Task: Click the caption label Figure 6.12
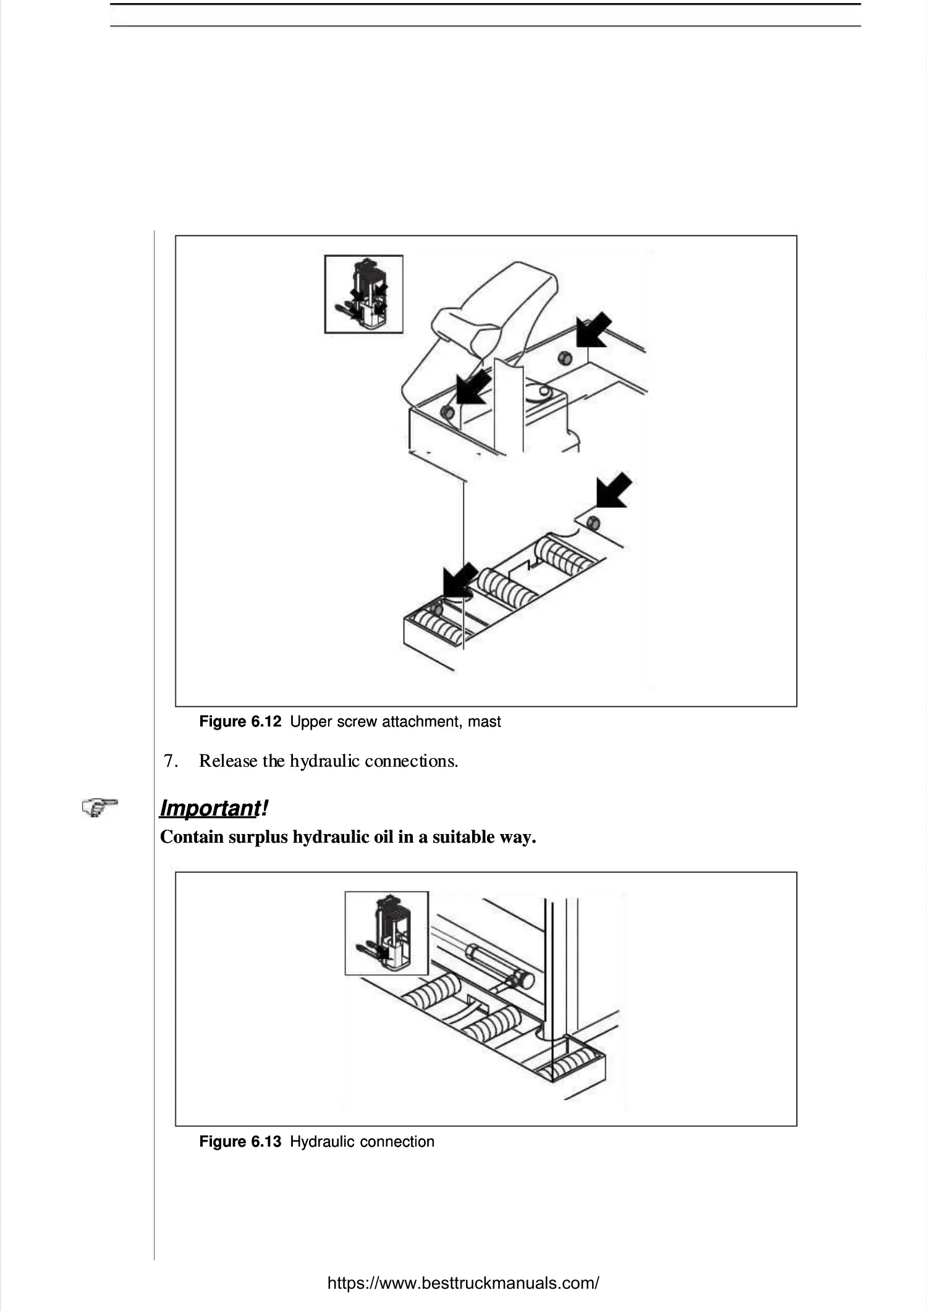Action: pyautogui.click(x=240, y=722)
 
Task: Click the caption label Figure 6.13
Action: pyautogui.click(x=240, y=1142)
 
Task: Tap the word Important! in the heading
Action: pyautogui.click(x=214, y=807)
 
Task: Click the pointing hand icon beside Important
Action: pyautogui.click(x=99, y=807)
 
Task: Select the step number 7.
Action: pyautogui.click(x=171, y=761)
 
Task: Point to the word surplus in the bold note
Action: pyautogui.click(x=258, y=837)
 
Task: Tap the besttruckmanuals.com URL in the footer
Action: pyautogui.click(x=463, y=1283)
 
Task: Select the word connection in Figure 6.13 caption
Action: pyautogui.click(x=397, y=1142)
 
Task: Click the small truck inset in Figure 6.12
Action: pyautogui.click(x=364, y=294)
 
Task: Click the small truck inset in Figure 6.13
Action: pyautogui.click(x=387, y=933)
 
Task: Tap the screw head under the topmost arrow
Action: pyautogui.click(x=564, y=358)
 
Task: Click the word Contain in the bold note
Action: pyautogui.click(x=192, y=837)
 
